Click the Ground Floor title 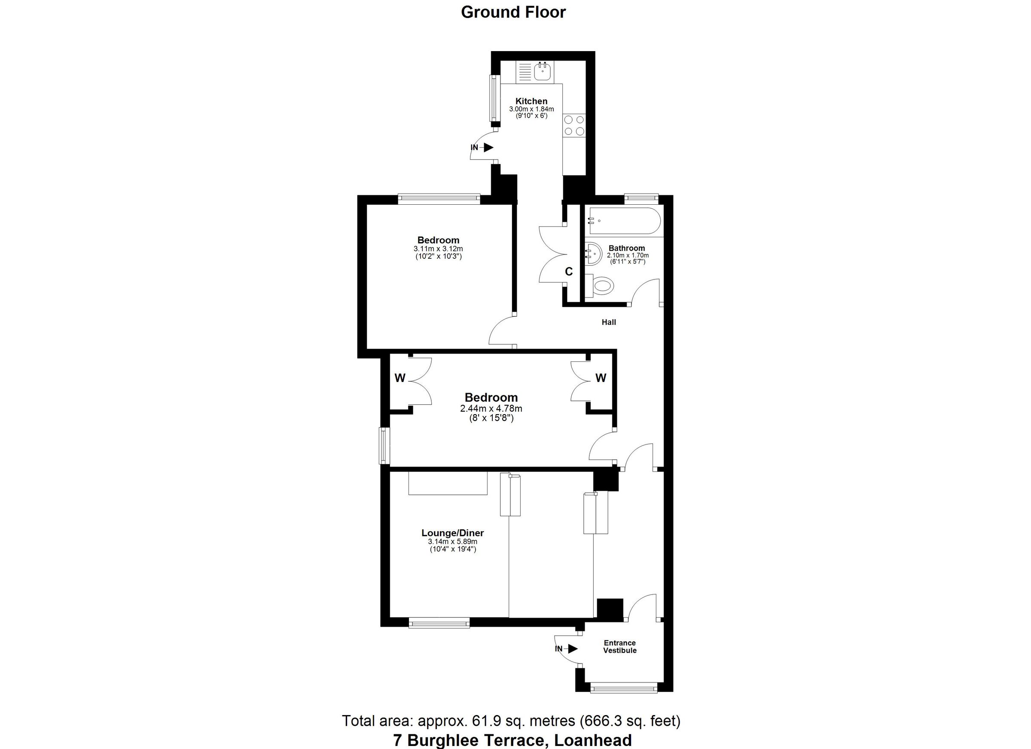point(513,12)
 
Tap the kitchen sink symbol point(543,71)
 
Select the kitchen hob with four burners point(574,125)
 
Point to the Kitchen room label point(531,101)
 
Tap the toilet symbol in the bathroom point(601,286)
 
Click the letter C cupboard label point(569,272)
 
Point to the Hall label point(609,322)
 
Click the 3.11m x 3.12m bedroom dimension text point(438,249)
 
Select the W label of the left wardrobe point(400,378)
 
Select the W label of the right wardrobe point(601,378)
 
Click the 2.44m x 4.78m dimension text point(491,408)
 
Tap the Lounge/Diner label point(452,533)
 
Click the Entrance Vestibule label point(619,646)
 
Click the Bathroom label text point(626,248)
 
